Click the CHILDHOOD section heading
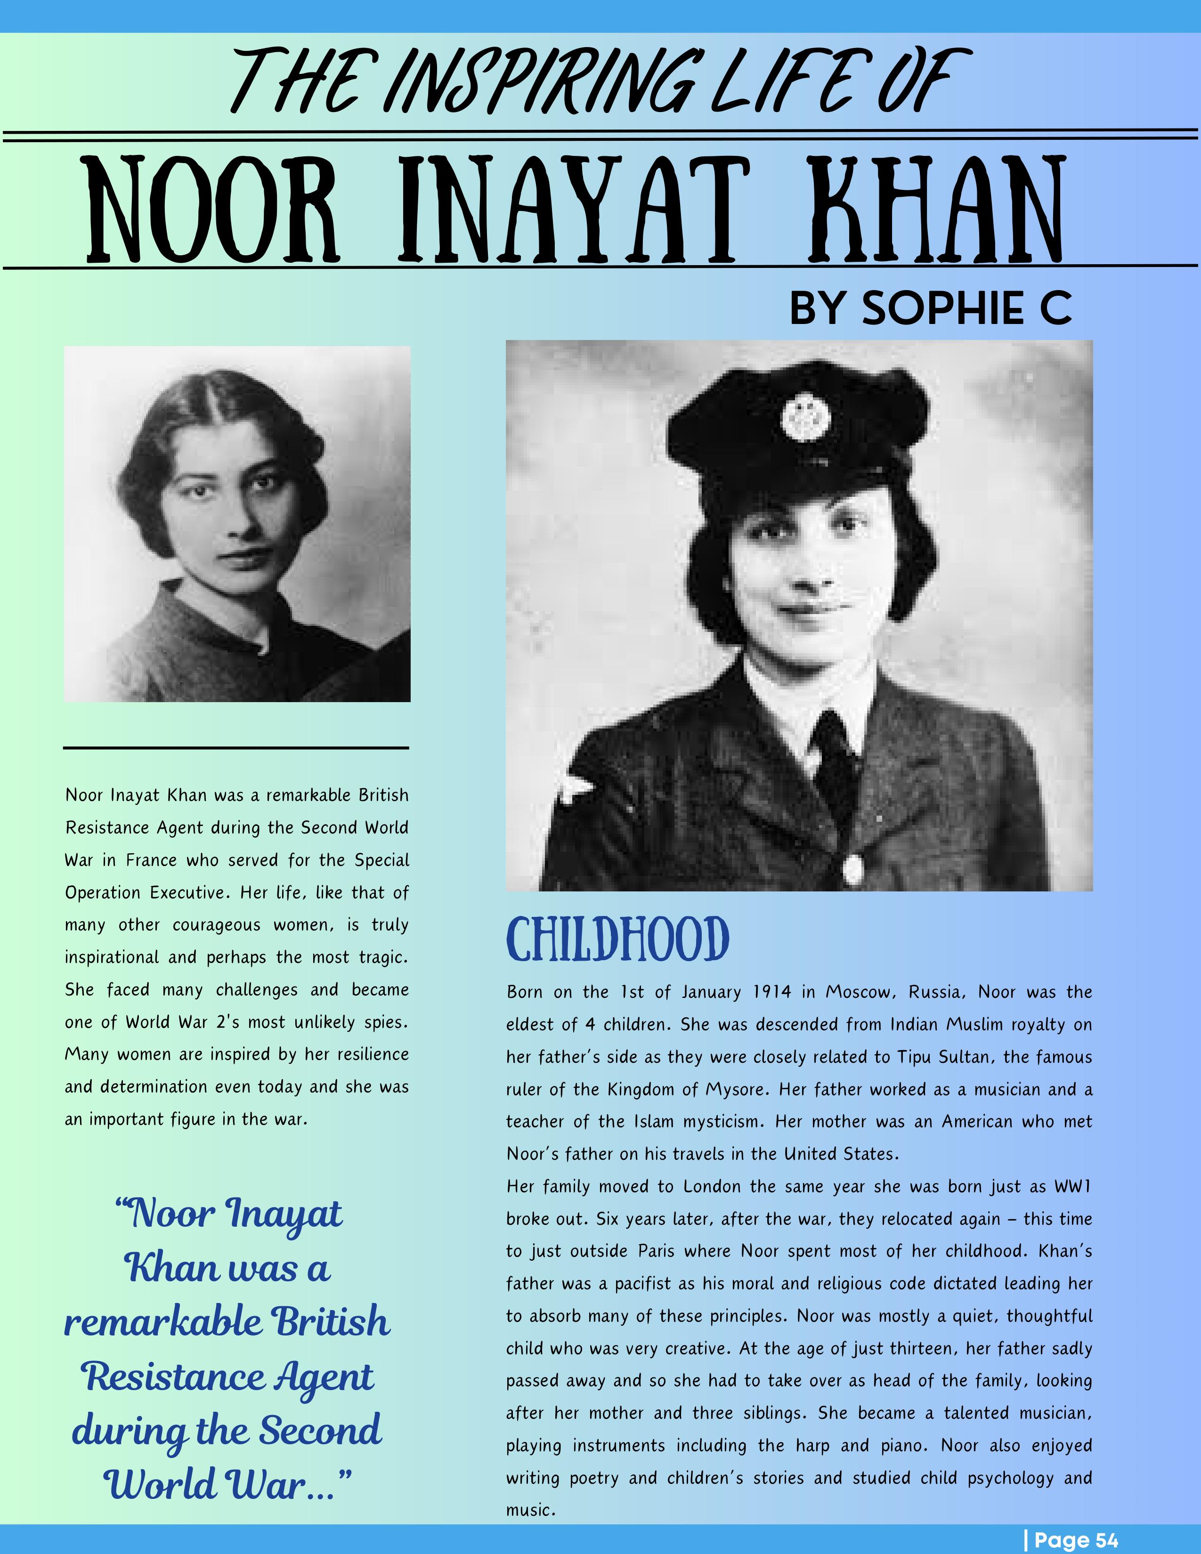point(617,939)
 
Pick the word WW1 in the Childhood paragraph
point(1072,1187)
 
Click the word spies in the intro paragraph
point(384,1022)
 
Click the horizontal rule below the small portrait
point(236,748)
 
